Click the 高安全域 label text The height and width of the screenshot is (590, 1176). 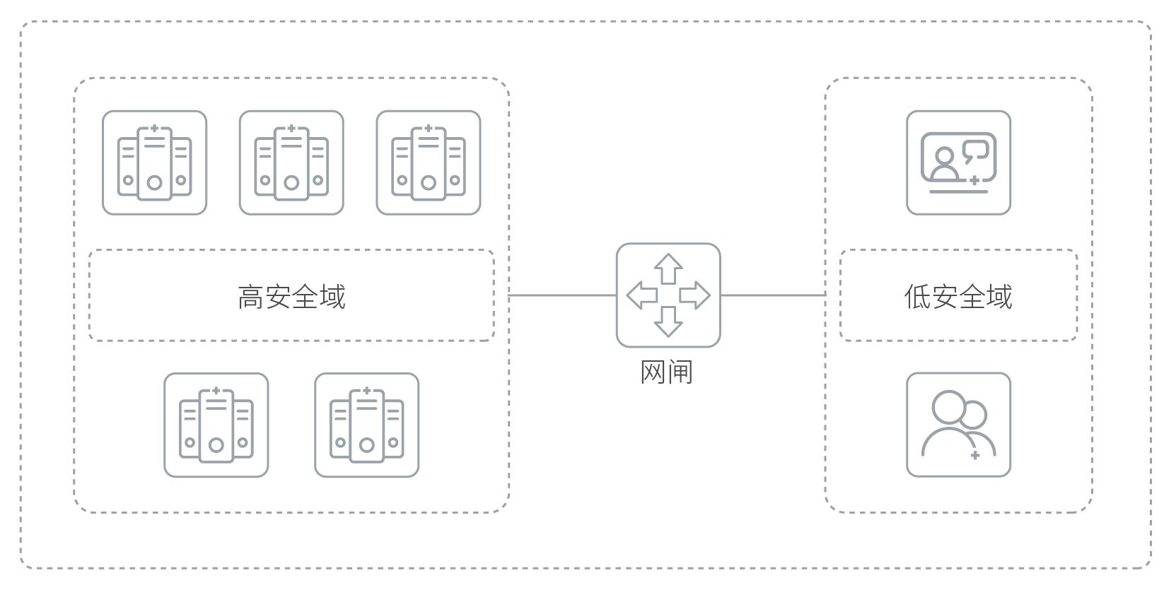(292, 297)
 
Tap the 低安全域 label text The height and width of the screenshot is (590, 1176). (958, 297)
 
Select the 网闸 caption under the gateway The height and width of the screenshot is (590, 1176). (667, 372)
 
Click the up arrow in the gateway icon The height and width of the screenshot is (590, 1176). (668, 269)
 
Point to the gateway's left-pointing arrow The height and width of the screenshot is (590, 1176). (642, 295)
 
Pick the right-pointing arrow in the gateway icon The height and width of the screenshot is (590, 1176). (694, 295)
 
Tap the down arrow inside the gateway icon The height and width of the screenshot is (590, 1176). (668, 321)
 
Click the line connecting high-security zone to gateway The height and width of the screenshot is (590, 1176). (562, 295)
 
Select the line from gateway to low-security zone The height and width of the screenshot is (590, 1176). (773, 295)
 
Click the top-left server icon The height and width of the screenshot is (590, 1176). (154, 163)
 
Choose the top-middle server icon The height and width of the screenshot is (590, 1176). (291, 163)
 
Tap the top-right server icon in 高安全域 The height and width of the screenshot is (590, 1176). (429, 163)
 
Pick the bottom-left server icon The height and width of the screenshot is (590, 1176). (216, 425)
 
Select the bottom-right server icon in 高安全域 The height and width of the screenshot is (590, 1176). (367, 425)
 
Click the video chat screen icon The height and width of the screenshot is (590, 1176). (959, 163)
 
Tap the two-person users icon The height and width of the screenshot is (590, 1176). (959, 425)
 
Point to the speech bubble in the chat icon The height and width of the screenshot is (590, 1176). (976, 152)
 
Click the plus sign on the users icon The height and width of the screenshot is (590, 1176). (975, 455)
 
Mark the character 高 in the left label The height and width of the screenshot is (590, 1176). (251, 297)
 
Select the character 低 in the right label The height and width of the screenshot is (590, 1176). (918, 297)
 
